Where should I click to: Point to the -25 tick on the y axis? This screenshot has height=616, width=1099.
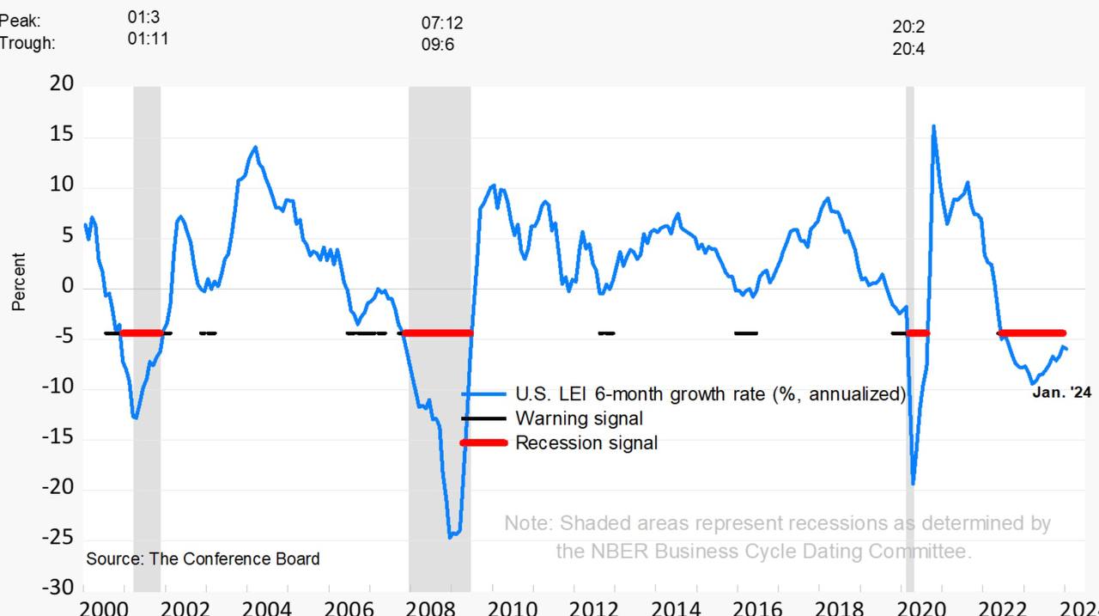coord(58,538)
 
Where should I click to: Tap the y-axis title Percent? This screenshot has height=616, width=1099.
coord(18,282)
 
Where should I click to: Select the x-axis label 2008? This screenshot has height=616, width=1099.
coord(431,607)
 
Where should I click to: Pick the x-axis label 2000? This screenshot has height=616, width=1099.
coord(101,607)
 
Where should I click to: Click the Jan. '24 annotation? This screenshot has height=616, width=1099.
coord(1061,393)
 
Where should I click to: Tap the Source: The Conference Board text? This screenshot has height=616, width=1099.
coord(203,558)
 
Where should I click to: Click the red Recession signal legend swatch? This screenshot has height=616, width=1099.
coord(483,443)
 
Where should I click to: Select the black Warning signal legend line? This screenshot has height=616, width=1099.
coord(483,418)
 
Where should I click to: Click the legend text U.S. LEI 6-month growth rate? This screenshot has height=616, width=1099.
coord(710,394)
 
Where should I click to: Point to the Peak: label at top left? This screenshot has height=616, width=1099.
coord(20,21)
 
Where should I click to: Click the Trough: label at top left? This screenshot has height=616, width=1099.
coord(27,43)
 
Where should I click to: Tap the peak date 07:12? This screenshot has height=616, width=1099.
coord(441,23)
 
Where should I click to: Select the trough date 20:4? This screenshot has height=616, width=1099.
coord(908,49)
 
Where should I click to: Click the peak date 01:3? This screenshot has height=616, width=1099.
coord(143,17)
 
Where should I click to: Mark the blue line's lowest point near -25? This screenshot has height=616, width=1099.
coord(451,537)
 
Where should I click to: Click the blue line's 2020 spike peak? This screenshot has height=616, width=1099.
coord(933,126)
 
